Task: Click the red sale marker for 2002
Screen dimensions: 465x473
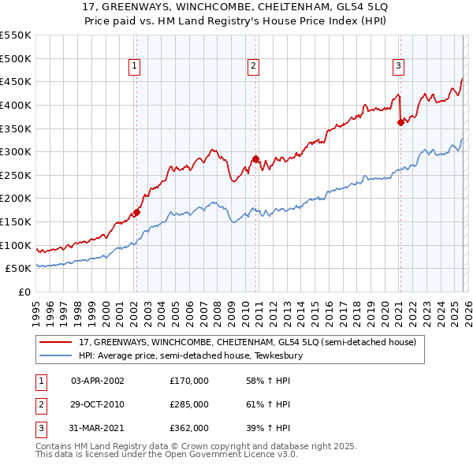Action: tap(136, 212)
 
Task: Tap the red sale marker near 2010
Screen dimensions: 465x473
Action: tap(255, 158)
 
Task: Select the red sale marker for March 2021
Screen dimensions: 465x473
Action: tap(400, 122)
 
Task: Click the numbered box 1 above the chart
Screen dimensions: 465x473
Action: tap(136, 67)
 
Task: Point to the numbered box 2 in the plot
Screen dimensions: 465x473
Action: tap(254, 67)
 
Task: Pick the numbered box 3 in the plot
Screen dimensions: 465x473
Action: tap(399, 67)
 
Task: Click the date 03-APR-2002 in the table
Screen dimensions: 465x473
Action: tap(98, 381)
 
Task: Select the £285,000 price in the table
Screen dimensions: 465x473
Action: tap(188, 404)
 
